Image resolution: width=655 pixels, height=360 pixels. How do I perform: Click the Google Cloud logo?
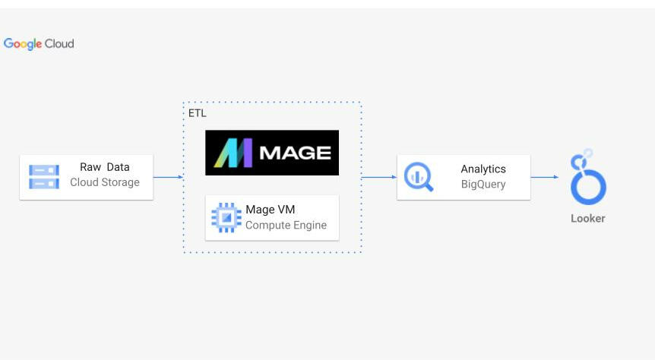pos(39,44)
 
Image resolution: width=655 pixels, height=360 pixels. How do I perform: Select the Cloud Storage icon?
pos(44,177)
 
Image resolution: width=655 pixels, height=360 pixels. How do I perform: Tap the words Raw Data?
pos(104,167)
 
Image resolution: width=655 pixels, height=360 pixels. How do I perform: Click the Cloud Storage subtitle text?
pos(105,182)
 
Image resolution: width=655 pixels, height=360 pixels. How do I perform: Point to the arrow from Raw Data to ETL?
pos(169,177)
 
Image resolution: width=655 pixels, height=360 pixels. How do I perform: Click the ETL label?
pos(197,113)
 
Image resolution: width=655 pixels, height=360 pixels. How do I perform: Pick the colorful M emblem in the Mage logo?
pos(233,153)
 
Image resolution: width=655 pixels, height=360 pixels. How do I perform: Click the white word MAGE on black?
pos(296,153)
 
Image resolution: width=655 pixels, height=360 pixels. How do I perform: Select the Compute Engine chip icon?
pos(226,217)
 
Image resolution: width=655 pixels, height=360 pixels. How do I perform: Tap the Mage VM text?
pos(271,210)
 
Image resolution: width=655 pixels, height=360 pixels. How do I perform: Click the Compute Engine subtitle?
pos(286,225)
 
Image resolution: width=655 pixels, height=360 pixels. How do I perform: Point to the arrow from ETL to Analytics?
pos(379,177)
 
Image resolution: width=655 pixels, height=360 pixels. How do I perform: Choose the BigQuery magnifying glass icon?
pos(419,177)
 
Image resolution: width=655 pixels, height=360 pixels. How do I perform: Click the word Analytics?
pos(483,169)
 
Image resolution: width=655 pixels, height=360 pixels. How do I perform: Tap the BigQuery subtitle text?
pos(483,184)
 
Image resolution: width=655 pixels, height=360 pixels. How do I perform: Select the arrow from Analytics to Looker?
pos(545,177)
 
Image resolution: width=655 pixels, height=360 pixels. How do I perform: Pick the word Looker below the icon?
pos(588,219)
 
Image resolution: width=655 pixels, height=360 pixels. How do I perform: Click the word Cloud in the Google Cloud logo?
pos(59,44)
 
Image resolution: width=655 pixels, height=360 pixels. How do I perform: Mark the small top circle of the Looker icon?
pos(588,152)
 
